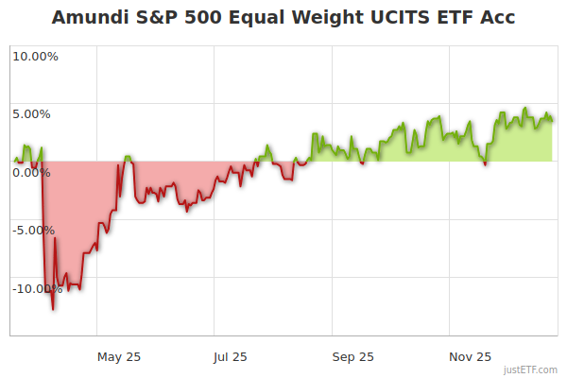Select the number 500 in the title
201,18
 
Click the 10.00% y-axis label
35,57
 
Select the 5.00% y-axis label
31,114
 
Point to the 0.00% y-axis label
31,173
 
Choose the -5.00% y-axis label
33,231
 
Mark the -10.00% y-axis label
37,289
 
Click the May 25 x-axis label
119,357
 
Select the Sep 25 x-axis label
352,357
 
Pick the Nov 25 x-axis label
470,357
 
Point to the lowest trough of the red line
53,309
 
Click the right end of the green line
553,120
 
